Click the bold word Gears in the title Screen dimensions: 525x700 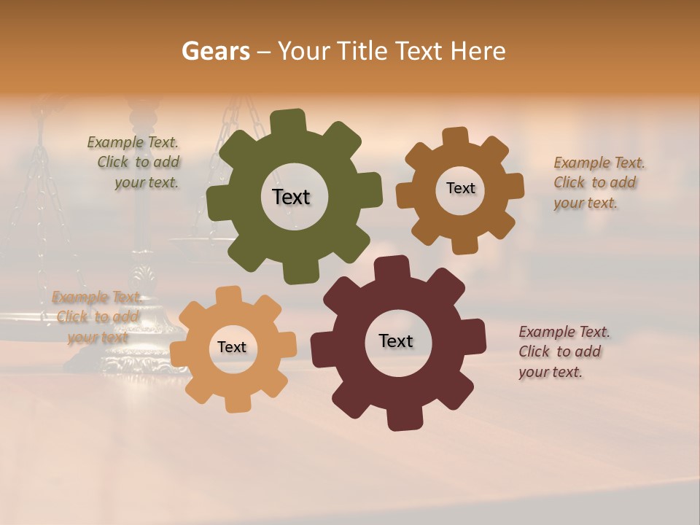coord(214,51)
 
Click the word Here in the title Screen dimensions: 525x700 coord(478,51)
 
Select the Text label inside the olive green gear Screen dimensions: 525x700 coord(291,197)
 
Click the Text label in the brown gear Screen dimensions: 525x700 coord(460,188)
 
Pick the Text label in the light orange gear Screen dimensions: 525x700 coord(232,347)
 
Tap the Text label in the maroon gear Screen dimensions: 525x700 coord(396,341)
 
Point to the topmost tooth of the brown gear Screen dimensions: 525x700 coord(455,137)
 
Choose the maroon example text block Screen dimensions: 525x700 coord(564,351)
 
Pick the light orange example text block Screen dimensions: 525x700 coord(97,317)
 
